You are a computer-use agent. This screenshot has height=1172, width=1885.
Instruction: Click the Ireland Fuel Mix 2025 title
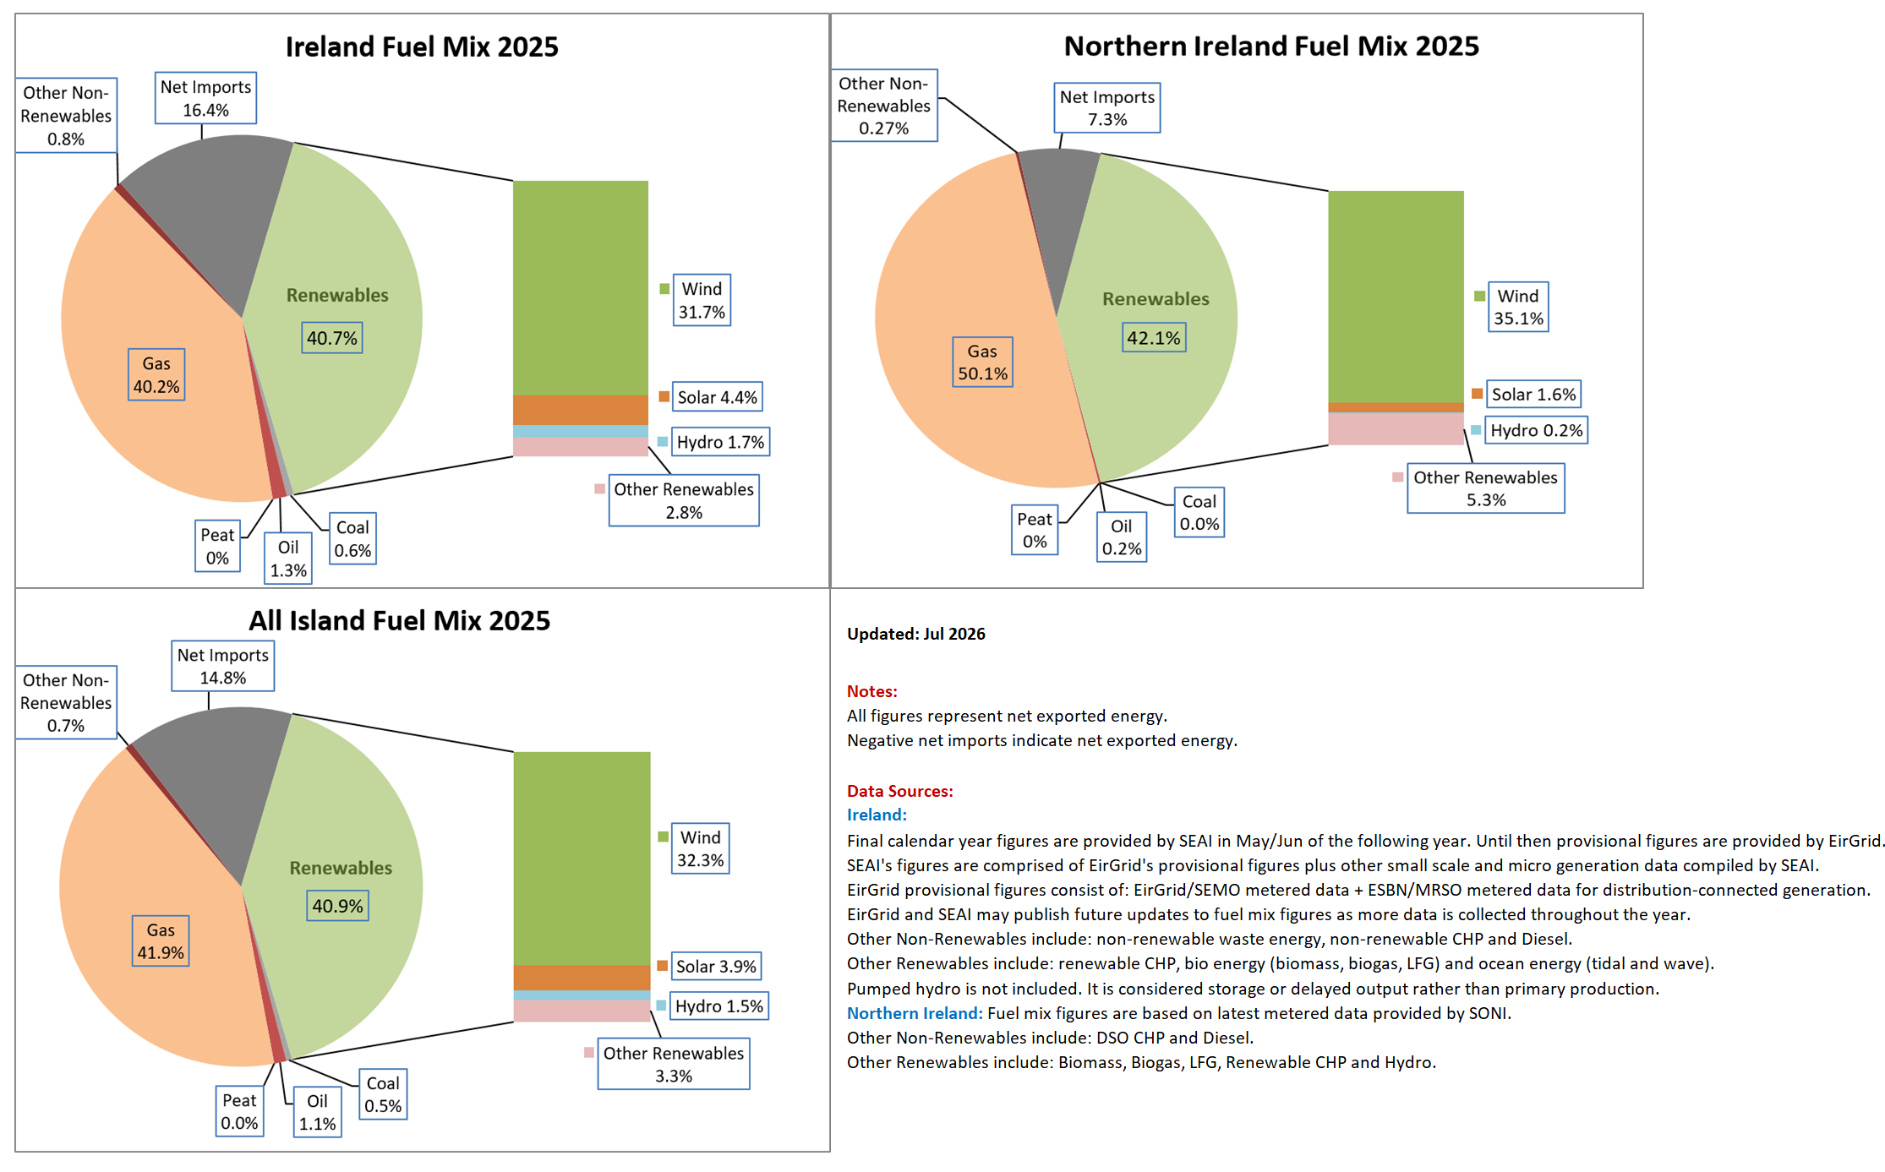coord(422,46)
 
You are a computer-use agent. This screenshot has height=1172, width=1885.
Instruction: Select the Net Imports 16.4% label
coord(206,98)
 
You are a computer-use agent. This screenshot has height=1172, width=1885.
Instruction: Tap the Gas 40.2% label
coord(156,374)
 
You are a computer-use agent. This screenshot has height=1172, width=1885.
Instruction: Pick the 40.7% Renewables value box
coord(332,338)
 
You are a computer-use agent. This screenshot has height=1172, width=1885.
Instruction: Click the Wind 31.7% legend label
coord(702,300)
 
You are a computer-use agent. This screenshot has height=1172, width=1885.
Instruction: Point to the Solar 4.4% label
coord(718,397)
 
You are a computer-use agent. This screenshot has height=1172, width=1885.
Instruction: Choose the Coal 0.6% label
coord(352,538)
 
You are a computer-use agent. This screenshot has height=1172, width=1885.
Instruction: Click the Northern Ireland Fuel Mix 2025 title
coord(1271,46)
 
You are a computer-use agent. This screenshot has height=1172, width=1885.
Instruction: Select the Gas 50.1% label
coord(982,362)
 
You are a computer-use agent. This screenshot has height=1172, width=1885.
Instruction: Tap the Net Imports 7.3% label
coord(1107,108)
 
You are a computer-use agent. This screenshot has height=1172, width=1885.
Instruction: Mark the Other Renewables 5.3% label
coord(1486,488)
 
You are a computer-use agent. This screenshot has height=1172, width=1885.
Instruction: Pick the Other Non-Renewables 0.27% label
coord(884,106)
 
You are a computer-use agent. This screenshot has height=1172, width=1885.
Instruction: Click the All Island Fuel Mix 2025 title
coord(399,620)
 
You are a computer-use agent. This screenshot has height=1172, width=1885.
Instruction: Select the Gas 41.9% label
coord(161,941)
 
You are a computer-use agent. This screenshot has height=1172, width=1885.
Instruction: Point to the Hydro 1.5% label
coord(719,1006)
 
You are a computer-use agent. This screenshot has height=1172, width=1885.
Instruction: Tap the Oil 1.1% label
coord(318,1112)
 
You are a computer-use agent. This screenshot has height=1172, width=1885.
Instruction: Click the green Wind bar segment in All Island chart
coord(582,859)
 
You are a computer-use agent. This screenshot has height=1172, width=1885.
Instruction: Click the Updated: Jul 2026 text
coord(916,634)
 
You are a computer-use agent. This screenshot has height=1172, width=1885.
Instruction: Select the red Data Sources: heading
coord(900,791)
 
